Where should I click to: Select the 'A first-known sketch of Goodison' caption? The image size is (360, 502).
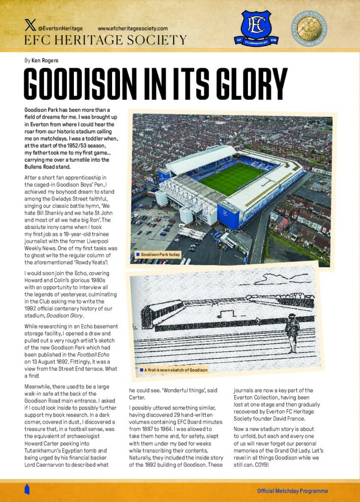(x=175, y=369)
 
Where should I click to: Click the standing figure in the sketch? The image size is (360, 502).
(x=292, y=332)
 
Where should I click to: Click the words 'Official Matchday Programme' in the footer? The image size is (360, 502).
(x=292, y=491)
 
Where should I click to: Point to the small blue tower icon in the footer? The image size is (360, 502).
(x=27, y=489)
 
